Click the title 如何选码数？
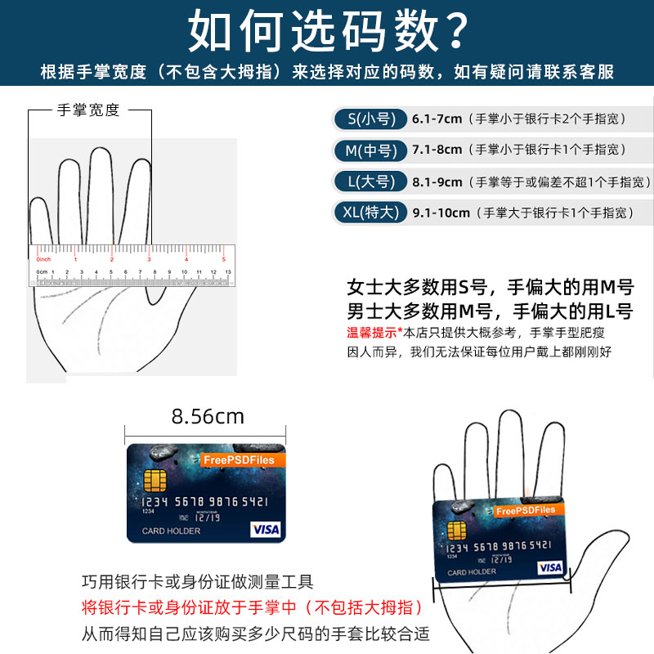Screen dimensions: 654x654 coord(327,30)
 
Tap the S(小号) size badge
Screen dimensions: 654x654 coord(370,119)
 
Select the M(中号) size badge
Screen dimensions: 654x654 coord(370,150)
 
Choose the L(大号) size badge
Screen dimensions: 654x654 coord(370,181)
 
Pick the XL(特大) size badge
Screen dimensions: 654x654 coord(370,213)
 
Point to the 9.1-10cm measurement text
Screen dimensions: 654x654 coord(441,213)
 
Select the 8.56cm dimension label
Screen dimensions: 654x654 coord(208,416)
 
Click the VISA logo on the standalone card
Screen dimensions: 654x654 coord(265,529)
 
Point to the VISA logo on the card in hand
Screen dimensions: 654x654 coord(550,567)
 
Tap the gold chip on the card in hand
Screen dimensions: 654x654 coord(457,529)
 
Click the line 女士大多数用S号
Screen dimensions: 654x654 coord(417,288)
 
